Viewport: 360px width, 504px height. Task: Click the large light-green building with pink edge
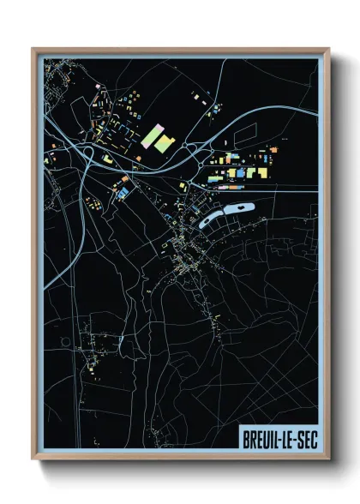click(153, 137)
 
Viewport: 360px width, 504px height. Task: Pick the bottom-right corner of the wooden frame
click(328, 460)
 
